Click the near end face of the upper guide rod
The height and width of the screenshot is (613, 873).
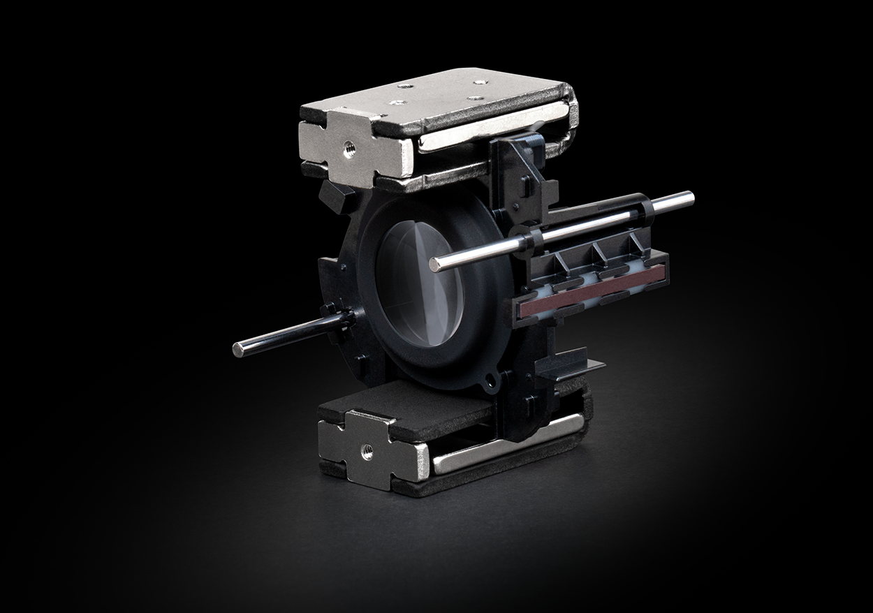pyautogui.click(x=434, y=264)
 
